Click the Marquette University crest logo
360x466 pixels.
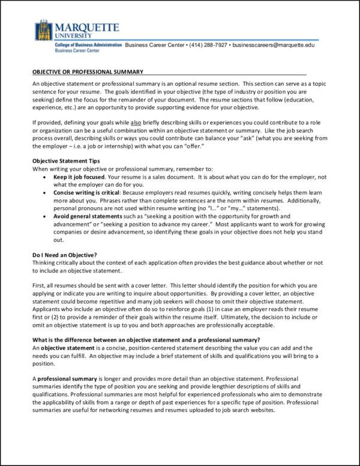pos(44,30)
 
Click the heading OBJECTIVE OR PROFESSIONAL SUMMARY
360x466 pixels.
pos(88,72)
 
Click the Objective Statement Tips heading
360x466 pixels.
pos(66,161)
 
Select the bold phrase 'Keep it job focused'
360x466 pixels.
pos(79,177)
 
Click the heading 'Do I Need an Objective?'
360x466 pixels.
pos(65,255)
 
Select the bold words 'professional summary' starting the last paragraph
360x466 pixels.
pos(67,379)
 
